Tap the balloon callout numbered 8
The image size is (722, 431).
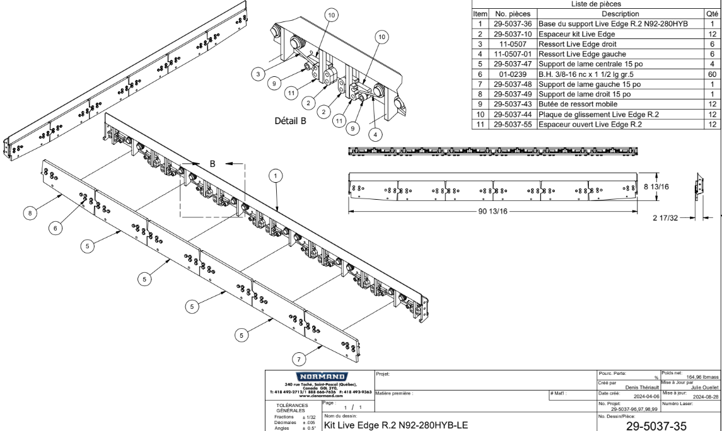[30, 214]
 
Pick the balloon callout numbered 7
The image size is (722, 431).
[300, 359]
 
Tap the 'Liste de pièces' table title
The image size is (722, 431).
[595, 4]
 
